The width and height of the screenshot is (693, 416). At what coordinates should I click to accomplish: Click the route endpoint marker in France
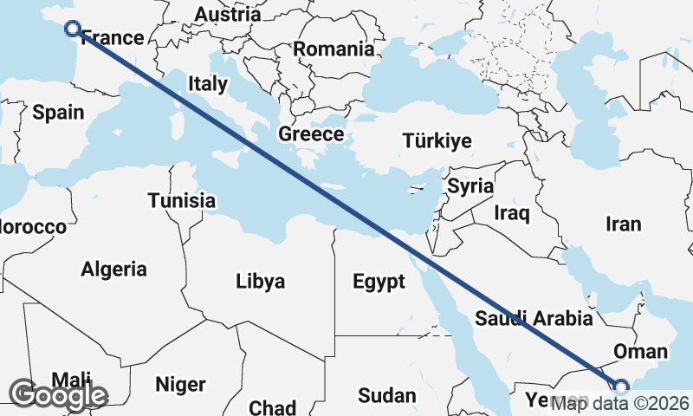(73, 29)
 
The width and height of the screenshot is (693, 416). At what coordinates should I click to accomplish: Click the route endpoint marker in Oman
(620, 387)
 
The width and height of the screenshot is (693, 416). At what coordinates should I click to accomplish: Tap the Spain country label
(58, 112)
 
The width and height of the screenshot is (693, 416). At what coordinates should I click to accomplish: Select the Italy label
(208, 84)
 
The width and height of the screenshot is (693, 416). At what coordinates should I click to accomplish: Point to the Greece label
(311, 134)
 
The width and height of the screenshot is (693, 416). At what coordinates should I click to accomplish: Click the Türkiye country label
(437, 141)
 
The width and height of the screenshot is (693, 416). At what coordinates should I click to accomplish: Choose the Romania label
(334, 49)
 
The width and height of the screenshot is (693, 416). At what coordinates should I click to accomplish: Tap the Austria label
(227, 15)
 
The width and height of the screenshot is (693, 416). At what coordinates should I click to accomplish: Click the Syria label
(470, 185)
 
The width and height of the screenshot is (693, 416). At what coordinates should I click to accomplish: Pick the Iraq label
(511, 212)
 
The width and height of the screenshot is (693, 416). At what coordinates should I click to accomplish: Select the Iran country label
(624, 224)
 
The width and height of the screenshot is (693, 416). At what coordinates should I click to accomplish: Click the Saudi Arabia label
(534, 318)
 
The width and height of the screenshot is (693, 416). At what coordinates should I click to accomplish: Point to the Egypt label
(379, 281)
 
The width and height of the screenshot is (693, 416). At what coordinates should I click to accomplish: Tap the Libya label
(260, 281)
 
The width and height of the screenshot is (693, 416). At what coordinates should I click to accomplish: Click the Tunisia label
(181, 200)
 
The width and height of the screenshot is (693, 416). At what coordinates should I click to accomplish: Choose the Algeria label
(113, 269)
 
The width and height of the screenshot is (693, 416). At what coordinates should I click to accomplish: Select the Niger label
(180, 384)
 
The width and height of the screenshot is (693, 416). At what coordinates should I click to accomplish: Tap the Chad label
(272, 406)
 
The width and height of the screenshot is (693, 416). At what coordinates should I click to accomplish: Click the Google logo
(58, 395)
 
